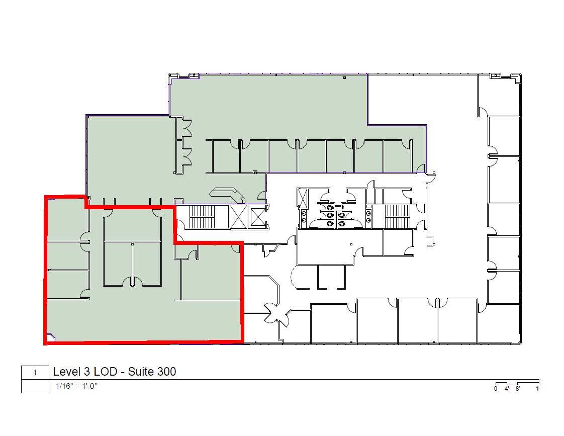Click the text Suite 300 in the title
coord(152,372)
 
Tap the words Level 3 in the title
coord(70,372)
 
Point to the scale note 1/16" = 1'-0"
coord(77,387)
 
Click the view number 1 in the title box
coord(35,373)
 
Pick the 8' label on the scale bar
coord(517,389)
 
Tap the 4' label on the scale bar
coord(507,389)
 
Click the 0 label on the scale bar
coord(496,389)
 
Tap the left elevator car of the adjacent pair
coord(238,216)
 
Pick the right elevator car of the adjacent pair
coord(257,216)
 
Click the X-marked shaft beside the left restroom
coord(303,198)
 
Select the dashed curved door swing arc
coord(295,278)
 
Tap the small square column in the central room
coord(351,245)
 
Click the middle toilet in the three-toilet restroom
coord(330,215)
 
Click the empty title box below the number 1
coord(35,386)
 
